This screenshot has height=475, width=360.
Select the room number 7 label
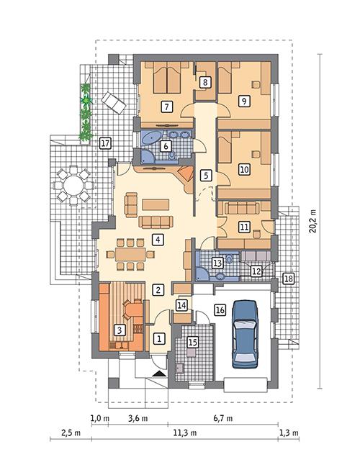coord(166,107)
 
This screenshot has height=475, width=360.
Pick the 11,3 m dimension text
coord(178,434)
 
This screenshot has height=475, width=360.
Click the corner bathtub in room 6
coord(153,137)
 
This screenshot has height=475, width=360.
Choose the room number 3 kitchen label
coord(120,330)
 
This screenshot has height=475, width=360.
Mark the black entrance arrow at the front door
coord(159,374)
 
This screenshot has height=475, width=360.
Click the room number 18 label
coord(288,279)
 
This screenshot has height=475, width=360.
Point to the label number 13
coord(217,264)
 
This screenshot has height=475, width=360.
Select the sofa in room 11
coord(245,209)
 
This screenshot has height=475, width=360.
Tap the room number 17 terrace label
coord(105,142)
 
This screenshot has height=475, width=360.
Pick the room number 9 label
coord(245,101)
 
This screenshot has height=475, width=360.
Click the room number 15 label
coord(192,342)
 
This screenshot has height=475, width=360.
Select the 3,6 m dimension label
coord(138,417)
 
